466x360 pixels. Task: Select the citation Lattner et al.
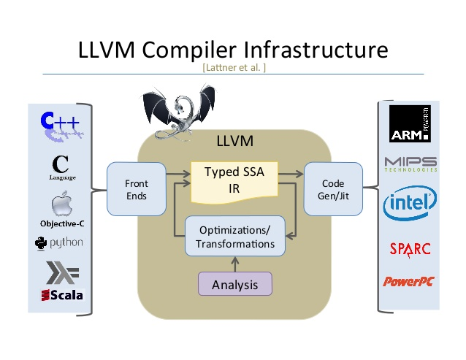233,68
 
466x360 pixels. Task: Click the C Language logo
62,166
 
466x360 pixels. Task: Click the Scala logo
61,295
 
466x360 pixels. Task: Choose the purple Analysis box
234,284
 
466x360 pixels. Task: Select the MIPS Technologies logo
410,164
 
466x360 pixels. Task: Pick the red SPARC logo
410,249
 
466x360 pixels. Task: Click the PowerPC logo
410,281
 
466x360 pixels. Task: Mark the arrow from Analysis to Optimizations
234,264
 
